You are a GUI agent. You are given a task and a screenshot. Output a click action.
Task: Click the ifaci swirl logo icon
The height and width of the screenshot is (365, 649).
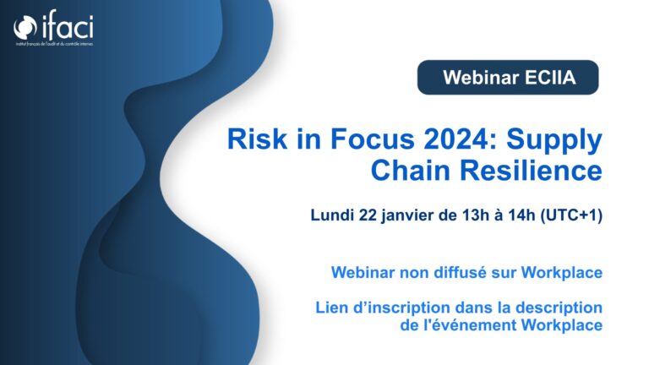click(x=25, y=27)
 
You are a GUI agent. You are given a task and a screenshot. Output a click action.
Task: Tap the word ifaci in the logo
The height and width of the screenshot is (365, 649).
click(x=68, y=25)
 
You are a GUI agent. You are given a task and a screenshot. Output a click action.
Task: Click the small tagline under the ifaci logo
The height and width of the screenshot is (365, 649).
click(x=55, y=43)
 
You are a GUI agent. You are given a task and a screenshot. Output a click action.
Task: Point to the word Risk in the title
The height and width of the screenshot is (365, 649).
click(x=257, y=139)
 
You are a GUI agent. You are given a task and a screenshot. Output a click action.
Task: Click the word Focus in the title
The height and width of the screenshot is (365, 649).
click(x=372, y=139)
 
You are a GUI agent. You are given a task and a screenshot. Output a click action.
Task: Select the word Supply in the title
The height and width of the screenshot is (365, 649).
click(x=554, y=141)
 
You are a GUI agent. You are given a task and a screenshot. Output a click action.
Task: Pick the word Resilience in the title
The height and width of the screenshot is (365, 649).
click(x=531, y=170)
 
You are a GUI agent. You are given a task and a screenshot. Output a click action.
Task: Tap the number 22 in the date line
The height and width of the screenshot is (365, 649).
click(x=368, y=215)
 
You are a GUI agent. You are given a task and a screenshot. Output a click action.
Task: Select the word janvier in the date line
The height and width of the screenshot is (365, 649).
click(x=407, y=216)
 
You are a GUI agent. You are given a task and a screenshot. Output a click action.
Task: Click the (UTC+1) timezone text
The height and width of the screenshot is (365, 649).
click(x=571, y=215)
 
